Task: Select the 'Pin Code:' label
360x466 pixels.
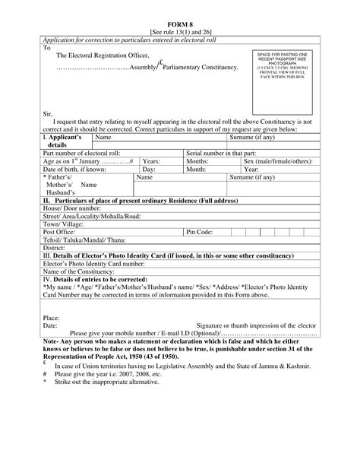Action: coord(200,231)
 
